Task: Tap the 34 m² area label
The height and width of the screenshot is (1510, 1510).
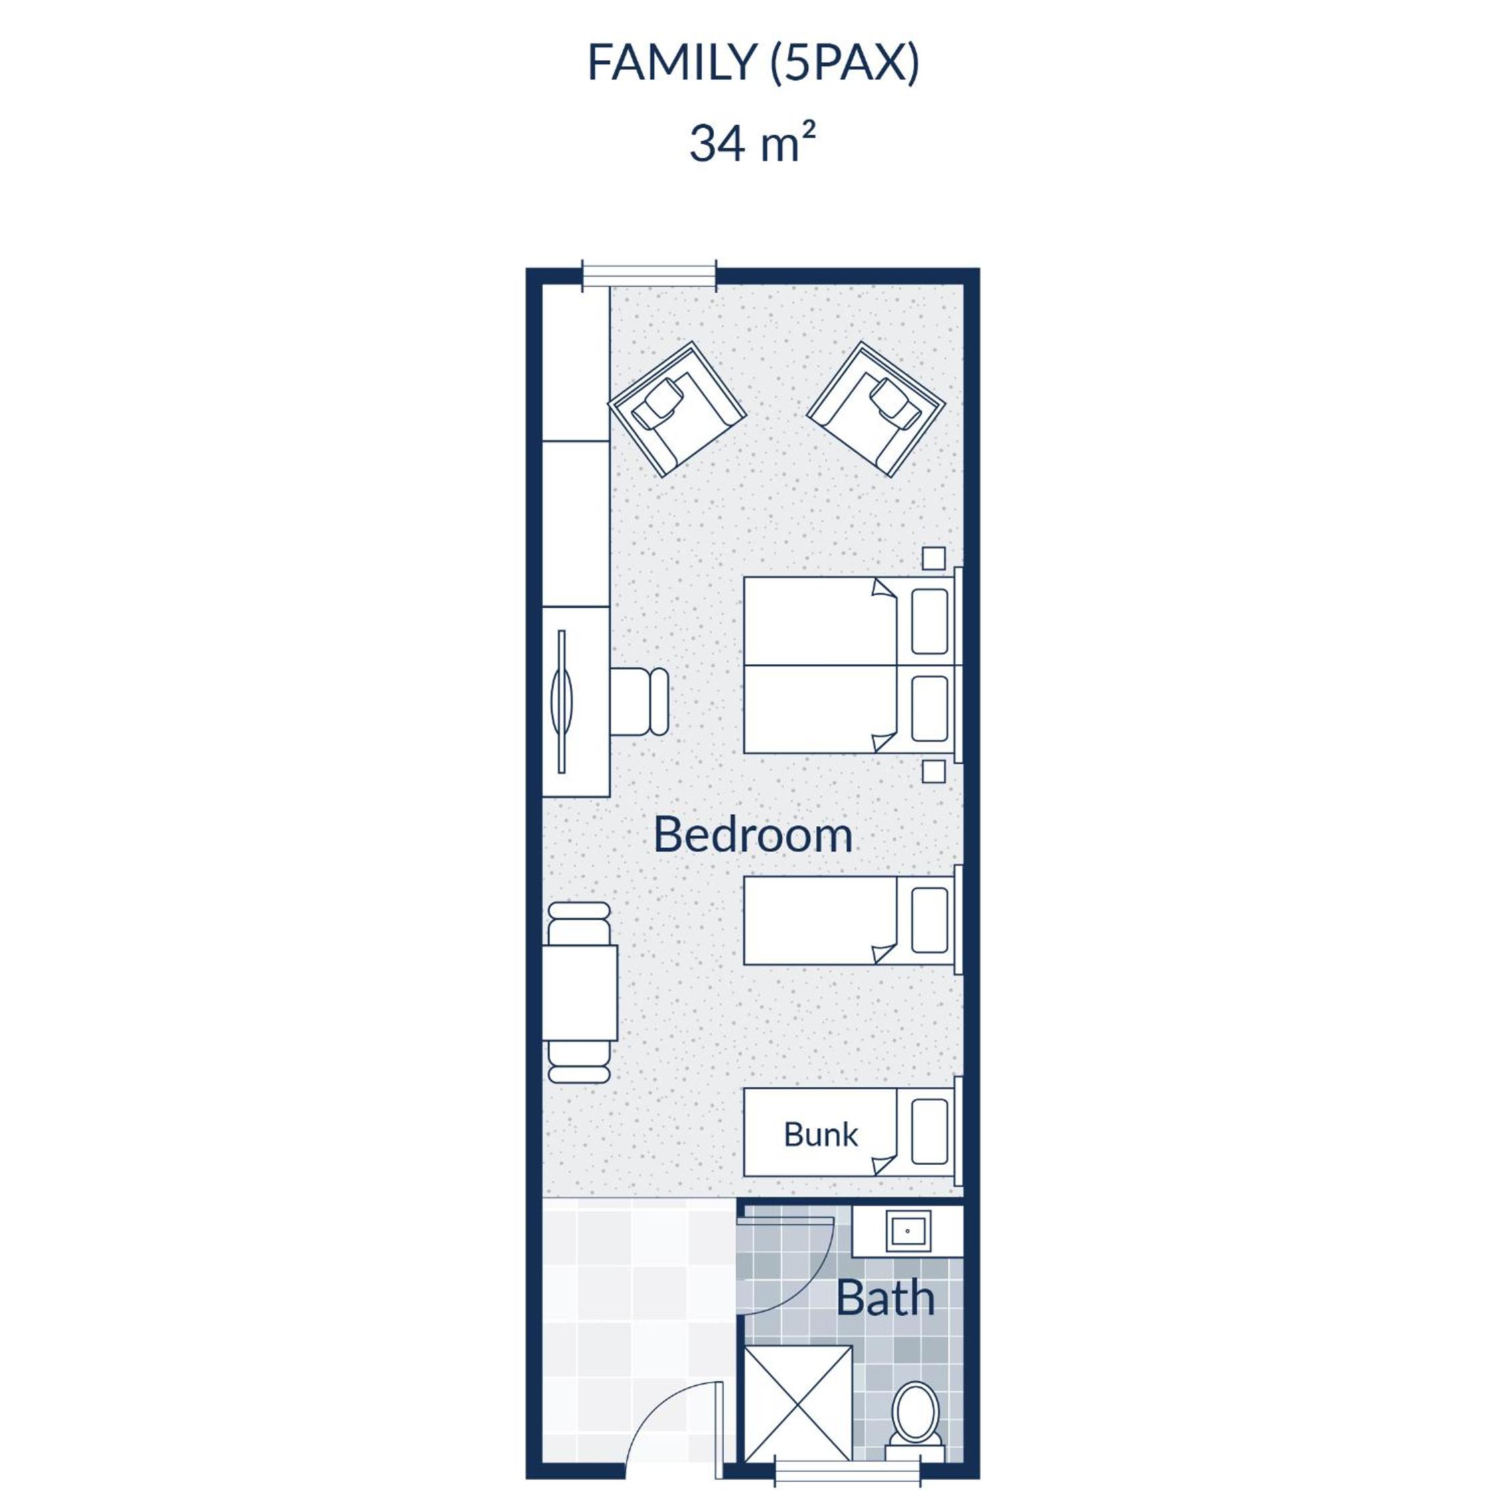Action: [753, 143]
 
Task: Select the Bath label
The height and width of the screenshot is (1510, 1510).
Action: [885, 1298]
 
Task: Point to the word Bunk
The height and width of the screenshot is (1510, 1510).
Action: [820, 1134]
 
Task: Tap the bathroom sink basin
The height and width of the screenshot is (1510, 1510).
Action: [907, 1232]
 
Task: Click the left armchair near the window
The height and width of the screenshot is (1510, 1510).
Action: [677, 409]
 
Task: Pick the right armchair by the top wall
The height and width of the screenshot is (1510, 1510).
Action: [876, 409]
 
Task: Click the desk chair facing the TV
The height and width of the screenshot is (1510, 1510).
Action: [639, 701]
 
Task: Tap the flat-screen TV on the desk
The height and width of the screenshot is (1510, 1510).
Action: [562, 701]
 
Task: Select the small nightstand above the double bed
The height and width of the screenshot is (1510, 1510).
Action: [933, 559]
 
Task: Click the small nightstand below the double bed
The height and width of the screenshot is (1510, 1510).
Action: [933, 771]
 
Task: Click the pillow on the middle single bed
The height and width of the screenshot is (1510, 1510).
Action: [930, 920]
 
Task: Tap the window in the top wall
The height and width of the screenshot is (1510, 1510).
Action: [649, 276]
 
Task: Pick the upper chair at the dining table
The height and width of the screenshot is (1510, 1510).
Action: [579, 923]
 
